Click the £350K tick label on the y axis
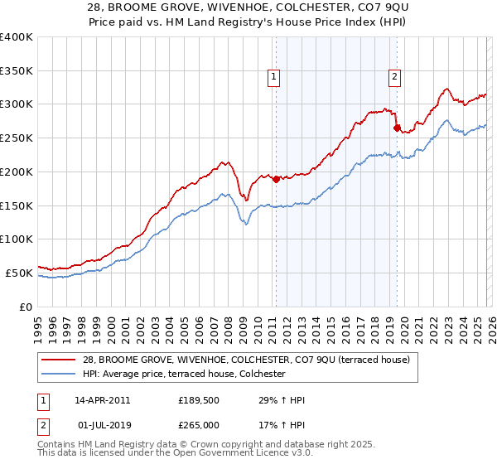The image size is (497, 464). click(17, 71)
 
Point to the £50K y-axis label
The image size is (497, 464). click(19, 273)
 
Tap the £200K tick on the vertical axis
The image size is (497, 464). click(17, 172)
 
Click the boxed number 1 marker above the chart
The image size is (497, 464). click(274, 77)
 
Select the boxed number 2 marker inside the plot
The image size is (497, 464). click(394, 77)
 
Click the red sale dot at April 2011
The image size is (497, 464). click(276, 179)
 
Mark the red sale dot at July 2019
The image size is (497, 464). click(397, 128)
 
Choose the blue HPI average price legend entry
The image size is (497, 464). click(183, 375)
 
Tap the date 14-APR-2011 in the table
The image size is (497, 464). click(102, 400)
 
